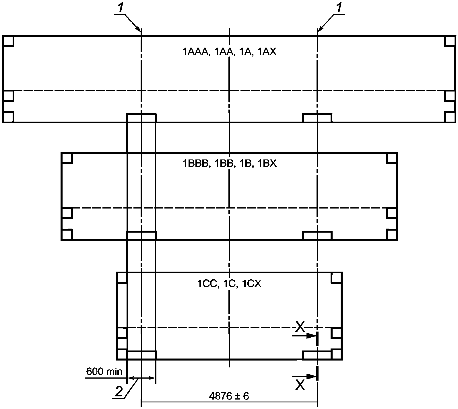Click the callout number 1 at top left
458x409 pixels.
tap(121, 8)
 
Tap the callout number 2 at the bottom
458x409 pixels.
tap(118, 392)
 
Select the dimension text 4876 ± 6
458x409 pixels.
tap(229, 396)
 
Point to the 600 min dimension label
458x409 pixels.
tap(104, 372)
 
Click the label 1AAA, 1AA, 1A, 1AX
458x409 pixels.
tap(229, 52)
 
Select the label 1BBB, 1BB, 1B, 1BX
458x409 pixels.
tap(229, 163)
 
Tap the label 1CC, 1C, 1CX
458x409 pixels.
tap(229, 284)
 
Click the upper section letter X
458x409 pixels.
tap(300, 327)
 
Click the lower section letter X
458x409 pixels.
tap(300, 385)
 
